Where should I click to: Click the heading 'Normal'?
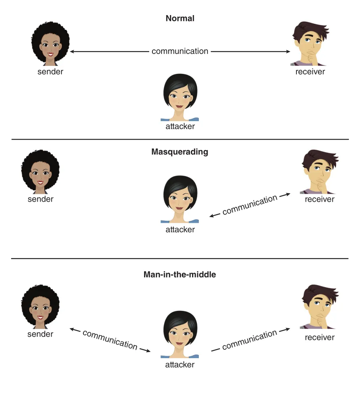[180, 18]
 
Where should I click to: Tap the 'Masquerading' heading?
[180, 152]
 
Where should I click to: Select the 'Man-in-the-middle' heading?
[180, 274]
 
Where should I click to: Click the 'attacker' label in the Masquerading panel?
[180, 229]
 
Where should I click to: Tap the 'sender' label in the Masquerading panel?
[40, 199]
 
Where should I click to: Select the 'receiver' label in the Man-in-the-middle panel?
[320, 337]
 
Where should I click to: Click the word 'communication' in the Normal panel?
[180, 51]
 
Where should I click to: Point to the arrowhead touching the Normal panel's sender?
[72, 52]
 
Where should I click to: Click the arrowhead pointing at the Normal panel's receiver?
[288, 52]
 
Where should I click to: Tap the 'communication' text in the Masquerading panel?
[250, 205]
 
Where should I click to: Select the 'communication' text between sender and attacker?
[110, 340]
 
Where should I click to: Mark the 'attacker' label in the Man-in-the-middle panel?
[180, 364]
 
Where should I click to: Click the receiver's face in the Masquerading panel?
[320, 172]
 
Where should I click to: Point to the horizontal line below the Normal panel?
[180, 139]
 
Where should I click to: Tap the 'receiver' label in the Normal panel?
[310, 71]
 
